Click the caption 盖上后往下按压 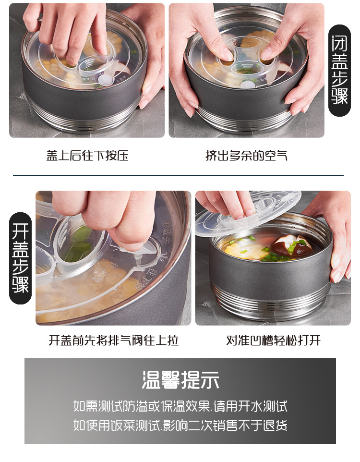[87, 156]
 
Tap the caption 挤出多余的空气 [246, 156]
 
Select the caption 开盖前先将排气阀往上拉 [114, 340]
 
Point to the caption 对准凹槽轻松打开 [273, 340]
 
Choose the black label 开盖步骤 [21, 258]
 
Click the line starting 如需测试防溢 [180, 406]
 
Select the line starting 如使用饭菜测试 [180, 425]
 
